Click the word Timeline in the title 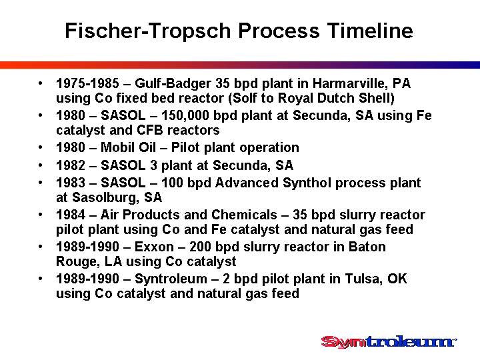[370, 31]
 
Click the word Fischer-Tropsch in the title [148, 31]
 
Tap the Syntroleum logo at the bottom [389, 342]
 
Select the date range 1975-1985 [87, 83]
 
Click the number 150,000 [185, 116]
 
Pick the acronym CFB [150, 130]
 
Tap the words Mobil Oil [128, 147]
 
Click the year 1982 [71, 165]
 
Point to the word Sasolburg [104, 197]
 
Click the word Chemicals [244, 215]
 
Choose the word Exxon [154, 247]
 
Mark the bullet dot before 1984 [41, 215]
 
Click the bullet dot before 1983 [41, 183]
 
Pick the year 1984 [71, 215]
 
